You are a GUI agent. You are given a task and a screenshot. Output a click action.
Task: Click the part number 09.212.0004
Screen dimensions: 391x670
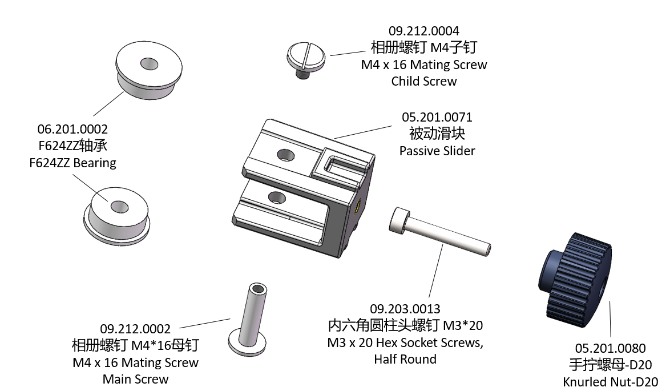423,31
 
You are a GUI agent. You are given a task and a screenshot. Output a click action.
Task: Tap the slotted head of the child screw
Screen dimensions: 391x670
306,55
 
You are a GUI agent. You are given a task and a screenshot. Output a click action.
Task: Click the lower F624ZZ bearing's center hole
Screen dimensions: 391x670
119,206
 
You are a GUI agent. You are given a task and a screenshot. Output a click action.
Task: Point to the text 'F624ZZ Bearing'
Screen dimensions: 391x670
72,163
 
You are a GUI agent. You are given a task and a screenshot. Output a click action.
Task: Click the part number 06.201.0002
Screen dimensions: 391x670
72,130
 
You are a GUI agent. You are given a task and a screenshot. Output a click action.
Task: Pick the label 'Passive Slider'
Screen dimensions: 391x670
437,151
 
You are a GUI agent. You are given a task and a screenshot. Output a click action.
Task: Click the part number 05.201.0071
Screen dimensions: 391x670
437,118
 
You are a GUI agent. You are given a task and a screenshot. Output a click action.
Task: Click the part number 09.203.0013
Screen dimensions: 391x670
405,309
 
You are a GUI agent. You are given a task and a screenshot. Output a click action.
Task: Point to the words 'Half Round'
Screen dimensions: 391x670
405,359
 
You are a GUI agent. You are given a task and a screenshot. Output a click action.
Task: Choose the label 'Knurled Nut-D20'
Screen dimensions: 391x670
610,382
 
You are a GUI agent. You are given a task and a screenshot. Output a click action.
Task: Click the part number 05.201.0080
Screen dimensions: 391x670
610,348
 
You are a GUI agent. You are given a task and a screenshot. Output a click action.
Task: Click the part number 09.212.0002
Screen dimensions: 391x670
135,329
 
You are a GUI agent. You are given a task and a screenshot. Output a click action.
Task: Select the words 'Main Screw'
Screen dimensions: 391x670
135,379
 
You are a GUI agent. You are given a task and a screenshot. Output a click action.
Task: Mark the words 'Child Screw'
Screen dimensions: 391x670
423,81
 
